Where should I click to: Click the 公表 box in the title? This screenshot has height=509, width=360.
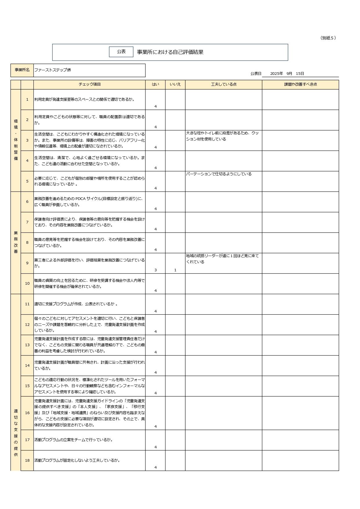[121, 52]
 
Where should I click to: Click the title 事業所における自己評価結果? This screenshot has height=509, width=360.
[170, 52]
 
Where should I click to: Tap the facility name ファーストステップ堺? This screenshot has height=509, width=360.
[53, 70]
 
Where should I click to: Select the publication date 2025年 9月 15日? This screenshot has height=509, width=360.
[287, 74]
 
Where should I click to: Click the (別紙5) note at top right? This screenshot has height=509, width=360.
[328, 38]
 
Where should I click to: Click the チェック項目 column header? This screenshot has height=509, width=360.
[89, 84]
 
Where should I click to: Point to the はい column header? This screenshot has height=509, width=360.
[155, 84]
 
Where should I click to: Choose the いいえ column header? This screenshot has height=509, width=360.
[175, 84]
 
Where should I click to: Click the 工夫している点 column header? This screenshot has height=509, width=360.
[224, 84]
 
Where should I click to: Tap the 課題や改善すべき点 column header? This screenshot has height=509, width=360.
[300, 84]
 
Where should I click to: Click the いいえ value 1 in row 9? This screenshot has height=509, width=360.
[175, 270]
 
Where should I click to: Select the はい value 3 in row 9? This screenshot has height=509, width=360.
[156, 270]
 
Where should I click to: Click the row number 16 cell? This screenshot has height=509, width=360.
[27, 413]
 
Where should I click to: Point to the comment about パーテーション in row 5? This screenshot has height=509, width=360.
[219, 174]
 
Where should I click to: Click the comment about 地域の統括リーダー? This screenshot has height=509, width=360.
[222, 259]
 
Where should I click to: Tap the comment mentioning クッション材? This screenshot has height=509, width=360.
[222, 136]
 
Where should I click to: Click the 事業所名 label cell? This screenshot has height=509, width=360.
[22, 70]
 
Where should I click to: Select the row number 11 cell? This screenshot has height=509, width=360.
[27, 304]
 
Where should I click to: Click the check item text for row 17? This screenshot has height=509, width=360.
[73, 440]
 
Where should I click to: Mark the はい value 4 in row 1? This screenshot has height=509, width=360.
[156, 107]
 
